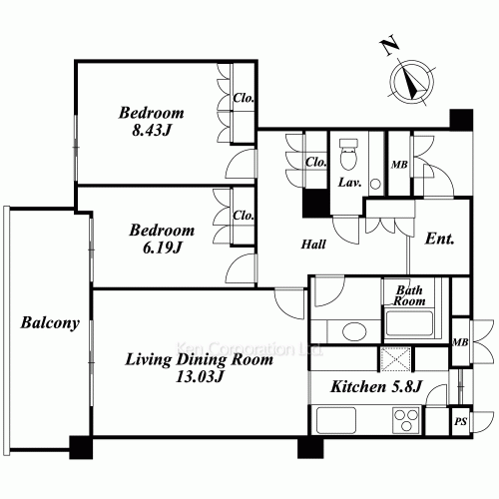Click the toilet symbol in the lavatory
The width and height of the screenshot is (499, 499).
(x=348, y=154)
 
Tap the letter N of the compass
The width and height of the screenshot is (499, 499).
(x=389, y=45)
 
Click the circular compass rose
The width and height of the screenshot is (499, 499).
(x=412, y=82)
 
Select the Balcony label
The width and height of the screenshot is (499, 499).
(x=50, y=323)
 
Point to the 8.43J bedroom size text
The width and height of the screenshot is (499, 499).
(x=152, y=130)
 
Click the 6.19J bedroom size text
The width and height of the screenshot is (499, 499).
(x=162, y=248)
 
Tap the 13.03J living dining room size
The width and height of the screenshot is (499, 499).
(x=199, y=376)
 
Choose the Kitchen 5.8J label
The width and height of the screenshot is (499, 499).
(x=376, y=386)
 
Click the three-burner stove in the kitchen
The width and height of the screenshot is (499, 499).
(x=405, y=420)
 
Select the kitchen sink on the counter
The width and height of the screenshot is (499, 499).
(x=336, y=420)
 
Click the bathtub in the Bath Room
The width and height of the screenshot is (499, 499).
(x=409, y=323)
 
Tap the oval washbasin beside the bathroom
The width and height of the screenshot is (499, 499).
(x=354, y=331)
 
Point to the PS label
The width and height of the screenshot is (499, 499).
(x=461, y=421)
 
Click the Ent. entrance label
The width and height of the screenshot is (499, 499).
(x=439, y=239)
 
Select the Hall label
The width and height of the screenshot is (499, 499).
(x=313, y=245)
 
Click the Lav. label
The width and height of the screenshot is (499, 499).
(x=349, y=183)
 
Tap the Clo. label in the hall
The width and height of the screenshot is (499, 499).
(x=315, y=163)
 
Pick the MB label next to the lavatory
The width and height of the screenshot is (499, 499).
(x=399, y=165)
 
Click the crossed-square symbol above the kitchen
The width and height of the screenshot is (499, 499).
(x=395, y=359)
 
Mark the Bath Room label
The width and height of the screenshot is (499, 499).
(x=409, y=295)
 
